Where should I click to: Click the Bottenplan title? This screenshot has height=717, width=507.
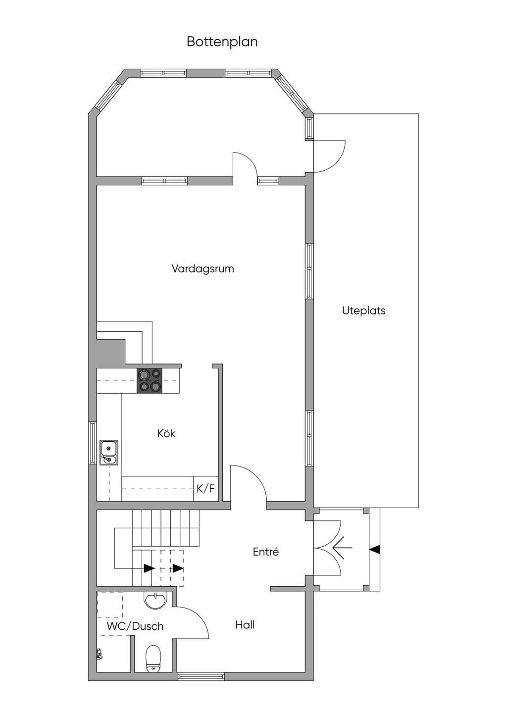pyautogui.click(x=222, y=42)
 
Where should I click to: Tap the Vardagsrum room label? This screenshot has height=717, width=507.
pyautogui.click(x=203, y=268)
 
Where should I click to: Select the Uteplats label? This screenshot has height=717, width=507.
pyautogui.click(x=363, y=310)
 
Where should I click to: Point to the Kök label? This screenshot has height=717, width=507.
pyautogui.click(x=166, y=433)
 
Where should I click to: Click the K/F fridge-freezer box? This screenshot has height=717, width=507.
pyautogui.click(x=206, y=488)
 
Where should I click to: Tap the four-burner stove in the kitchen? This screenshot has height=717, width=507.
pyautogui.click(x=150, y=381)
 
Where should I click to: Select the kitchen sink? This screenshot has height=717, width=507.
pyautogui.click(x=109, y=452)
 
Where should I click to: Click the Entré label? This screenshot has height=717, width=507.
pyautogui.click(x=266, y=552)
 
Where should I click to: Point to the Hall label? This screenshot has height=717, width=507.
pyautogui.click(x=245, y=624)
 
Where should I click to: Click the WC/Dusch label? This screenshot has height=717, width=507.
pyautogui.click(x=135, y=626)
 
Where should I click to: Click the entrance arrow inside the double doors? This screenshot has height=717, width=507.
pyautogui.click(x=342, y=548)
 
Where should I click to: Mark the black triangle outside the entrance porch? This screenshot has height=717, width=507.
pyautogui.click(x=375, y=549)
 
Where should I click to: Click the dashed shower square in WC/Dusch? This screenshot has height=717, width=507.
pyautogui.click(x=110, y=604)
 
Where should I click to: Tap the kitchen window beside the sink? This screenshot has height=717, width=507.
pyautogui.click(x=93, y=442)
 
